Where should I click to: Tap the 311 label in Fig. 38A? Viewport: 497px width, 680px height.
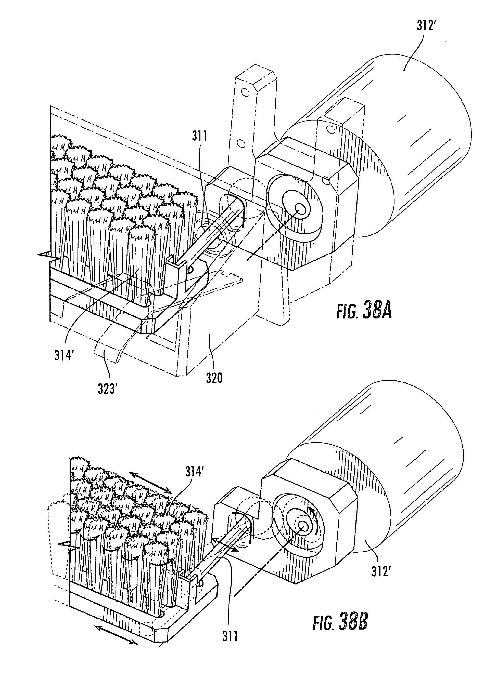pos(199,137)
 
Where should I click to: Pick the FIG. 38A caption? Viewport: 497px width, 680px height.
pos(364,312)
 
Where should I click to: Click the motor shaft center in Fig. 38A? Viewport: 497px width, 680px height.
pos(300,208)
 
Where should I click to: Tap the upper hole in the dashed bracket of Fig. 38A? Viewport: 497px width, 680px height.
pos(246,92)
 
